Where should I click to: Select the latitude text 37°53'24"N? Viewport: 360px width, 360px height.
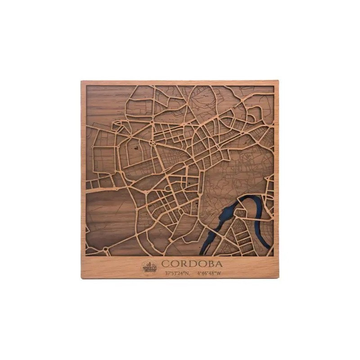tap(177, 273)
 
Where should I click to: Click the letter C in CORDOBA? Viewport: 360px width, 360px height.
tap(166, 264)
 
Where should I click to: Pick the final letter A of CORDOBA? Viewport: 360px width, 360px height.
tap(218, 264)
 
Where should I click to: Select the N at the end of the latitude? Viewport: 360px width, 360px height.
tap(188, 273)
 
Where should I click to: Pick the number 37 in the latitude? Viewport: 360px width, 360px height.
tap(168, 273)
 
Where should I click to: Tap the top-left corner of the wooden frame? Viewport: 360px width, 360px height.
tap(82, 82)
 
